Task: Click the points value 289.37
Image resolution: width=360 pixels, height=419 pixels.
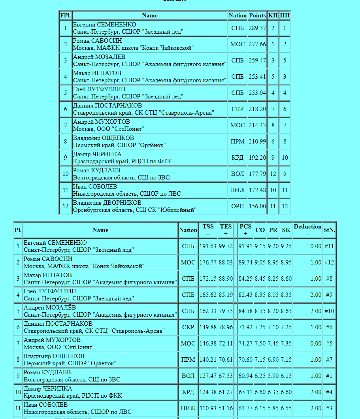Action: coord(257,28)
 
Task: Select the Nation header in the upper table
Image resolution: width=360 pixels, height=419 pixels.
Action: coord(237,15)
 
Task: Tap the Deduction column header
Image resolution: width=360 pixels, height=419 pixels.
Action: coord(307,230)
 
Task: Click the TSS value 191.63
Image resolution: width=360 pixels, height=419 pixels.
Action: coord(208,246)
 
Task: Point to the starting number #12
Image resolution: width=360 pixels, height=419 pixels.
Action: coord(329,262)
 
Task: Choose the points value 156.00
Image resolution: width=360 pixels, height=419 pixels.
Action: coord(257,206)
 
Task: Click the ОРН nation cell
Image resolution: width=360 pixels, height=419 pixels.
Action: coord(237,206)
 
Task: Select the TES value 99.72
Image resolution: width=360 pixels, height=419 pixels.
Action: coord(226,246)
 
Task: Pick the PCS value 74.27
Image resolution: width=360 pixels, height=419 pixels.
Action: coord(245,344)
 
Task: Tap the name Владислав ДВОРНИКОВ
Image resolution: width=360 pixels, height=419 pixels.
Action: coord(107,203)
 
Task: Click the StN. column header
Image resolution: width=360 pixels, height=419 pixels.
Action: coord(329,230)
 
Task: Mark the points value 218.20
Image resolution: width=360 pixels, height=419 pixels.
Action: coord(257,109)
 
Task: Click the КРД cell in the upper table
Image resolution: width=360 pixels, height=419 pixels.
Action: coord(237,158)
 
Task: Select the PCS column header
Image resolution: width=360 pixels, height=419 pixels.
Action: coord(245,230)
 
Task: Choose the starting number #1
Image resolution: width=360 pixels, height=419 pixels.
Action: coord(329,376)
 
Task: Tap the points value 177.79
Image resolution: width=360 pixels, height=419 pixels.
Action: coord(257,174)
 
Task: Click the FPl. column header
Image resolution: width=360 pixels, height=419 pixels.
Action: coord(66,15)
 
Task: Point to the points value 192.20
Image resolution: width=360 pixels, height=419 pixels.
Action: coord(257,158)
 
